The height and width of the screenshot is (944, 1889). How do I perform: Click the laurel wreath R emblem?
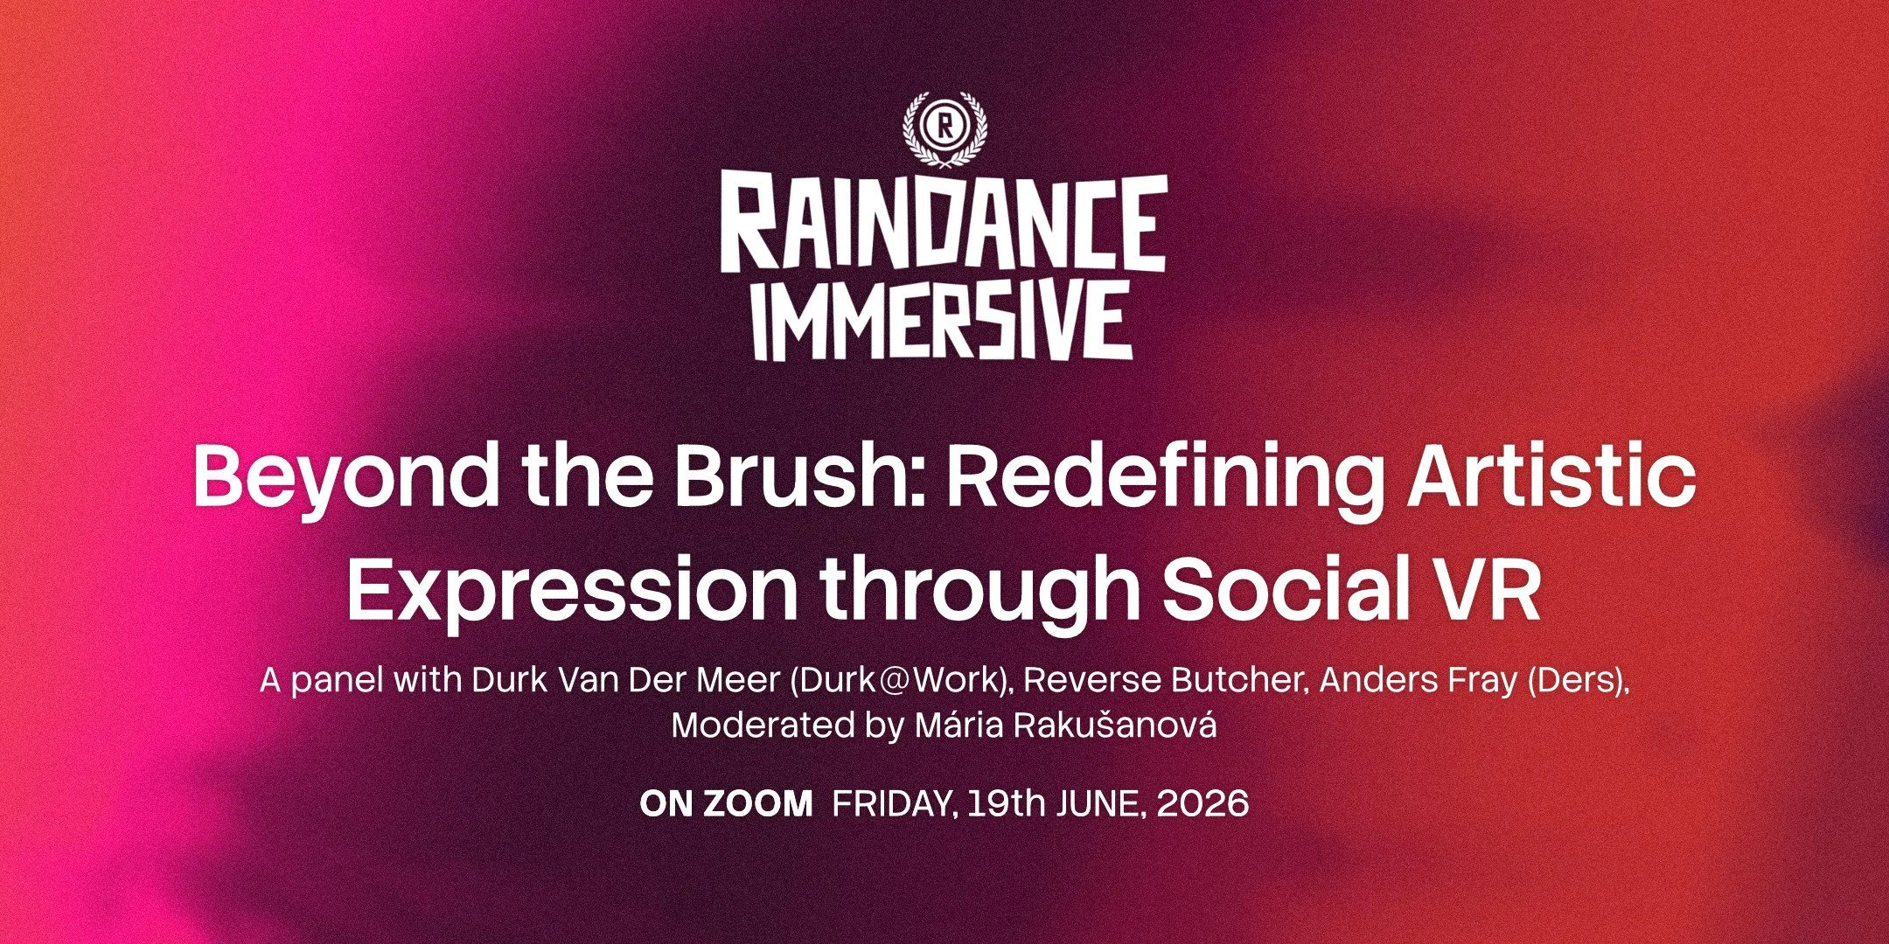[x=944, y=128]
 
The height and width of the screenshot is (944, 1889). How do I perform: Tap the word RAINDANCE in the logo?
[x=944, y=224]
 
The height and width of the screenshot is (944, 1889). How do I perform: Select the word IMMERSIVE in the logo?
[x=944, y=321]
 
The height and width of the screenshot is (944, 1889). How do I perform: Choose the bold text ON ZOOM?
[x=726, y=804]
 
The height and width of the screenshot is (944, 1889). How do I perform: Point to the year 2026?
[x=1202, y=804]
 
